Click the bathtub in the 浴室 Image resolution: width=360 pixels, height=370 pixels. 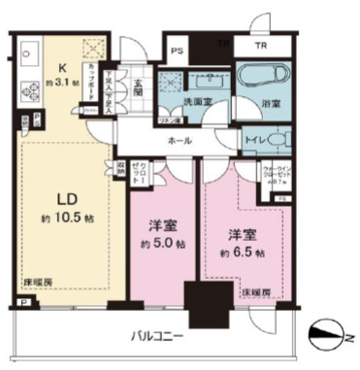(263, 77)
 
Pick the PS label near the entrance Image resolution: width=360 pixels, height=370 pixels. (177, 51)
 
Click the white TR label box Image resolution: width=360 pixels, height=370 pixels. (260, 47)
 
